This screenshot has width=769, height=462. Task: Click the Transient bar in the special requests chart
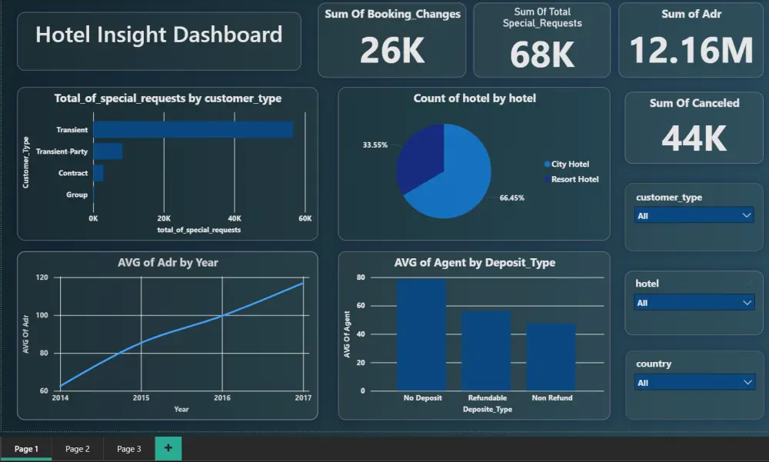point(192,130)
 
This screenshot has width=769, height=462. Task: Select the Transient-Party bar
point(108,151)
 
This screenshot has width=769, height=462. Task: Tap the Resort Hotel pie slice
point(419,158)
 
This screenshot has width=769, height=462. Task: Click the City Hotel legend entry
point(570,165)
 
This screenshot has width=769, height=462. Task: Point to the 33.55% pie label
point(375,145)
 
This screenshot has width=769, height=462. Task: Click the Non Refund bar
point(551,357)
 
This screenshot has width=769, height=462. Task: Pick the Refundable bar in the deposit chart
point(486,351)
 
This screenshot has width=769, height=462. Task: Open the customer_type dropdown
point(694,216)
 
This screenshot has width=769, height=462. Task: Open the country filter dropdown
point(694,383)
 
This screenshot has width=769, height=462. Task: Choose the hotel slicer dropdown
point(694,303)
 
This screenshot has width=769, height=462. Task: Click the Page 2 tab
point(78,449)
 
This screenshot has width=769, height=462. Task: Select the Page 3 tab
point(128,449)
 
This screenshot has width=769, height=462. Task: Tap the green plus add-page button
point(168,448)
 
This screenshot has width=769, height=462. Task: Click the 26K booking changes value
point(391,51)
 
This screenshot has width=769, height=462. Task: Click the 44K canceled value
point(694,138)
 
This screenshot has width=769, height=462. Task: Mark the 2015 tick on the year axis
point(141,398)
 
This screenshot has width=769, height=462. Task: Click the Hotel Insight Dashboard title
point(158,35)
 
